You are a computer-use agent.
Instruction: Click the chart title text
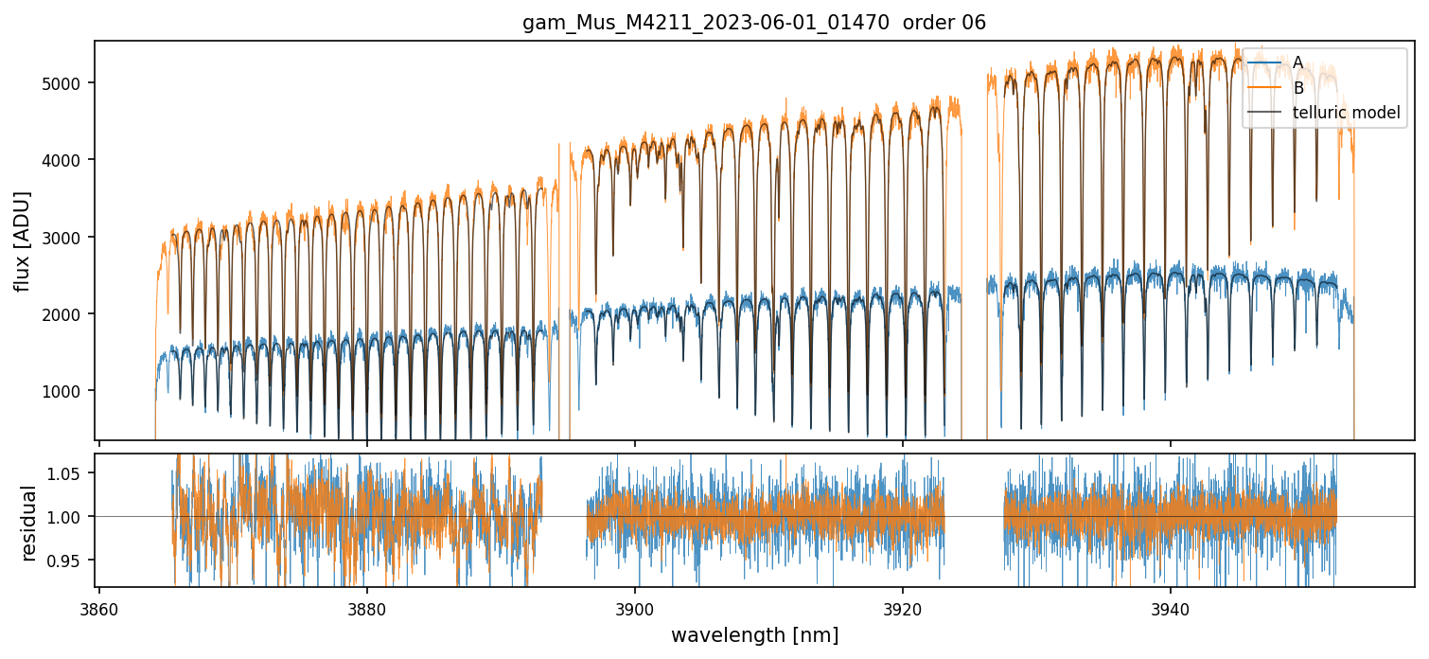pyautogui.click(x=754, y=23)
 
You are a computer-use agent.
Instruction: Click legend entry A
pyautogui.click(x=1297, y=62)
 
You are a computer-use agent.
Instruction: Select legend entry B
pyautogui.click(x=1297, y=88)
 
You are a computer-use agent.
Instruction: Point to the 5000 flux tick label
pyautogui.click(x=66, y=83)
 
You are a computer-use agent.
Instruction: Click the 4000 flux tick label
pyautogui.click(x=66, y=160)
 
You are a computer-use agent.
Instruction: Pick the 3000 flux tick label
pyautogui.click(x=66, y=237)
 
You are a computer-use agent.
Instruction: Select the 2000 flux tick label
pyautogui.click(x=66, y=313)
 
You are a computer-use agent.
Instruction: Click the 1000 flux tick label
pyautogui.click(x=66, y=390)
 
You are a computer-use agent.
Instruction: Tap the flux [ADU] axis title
pyautogui.click(x=22, y=240)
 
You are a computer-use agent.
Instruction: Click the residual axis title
pyautogui.click(x=28, y=523)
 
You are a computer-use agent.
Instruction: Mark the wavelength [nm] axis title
pyautogui.click(x=754, y=634)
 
